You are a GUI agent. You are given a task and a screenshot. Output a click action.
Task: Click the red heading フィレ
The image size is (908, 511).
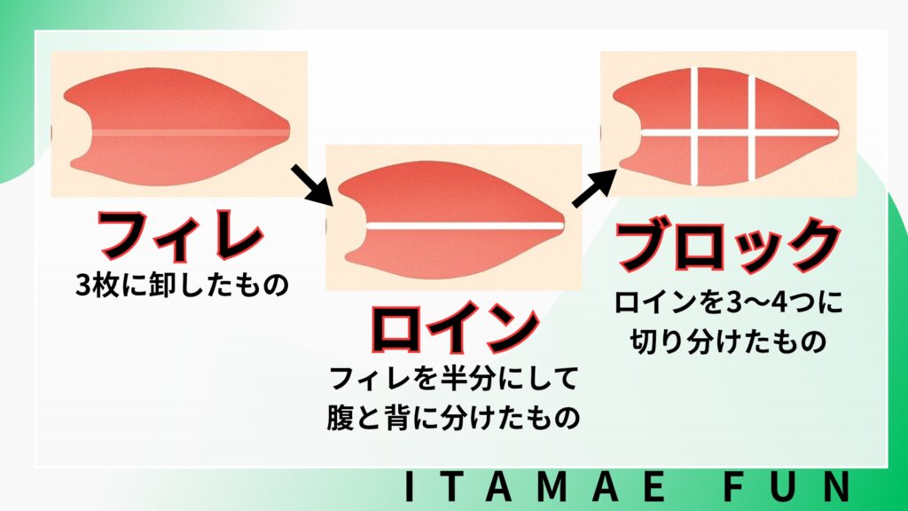[181, 234]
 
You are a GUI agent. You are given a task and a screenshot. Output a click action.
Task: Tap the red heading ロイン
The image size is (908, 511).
[455, 328]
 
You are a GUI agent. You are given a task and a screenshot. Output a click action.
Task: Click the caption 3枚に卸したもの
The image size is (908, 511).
[182, 285]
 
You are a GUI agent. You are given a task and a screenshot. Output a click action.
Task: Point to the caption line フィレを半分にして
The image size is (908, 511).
[454, 378]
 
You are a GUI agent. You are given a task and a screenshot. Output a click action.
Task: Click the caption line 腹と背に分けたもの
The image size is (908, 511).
[453, 418]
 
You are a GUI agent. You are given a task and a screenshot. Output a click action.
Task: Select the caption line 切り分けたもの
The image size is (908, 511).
[728, 342]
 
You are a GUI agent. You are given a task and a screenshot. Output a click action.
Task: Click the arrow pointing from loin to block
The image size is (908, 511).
[594, 188]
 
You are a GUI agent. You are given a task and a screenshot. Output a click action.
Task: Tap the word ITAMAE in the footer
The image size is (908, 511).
[536, 487]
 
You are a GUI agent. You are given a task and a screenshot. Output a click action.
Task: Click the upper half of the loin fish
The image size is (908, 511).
[451, 193]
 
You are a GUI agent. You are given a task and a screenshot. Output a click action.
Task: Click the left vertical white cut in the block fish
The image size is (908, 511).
[694, 126]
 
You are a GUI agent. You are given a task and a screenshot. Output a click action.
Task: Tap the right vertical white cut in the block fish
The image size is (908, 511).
[751, 127]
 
